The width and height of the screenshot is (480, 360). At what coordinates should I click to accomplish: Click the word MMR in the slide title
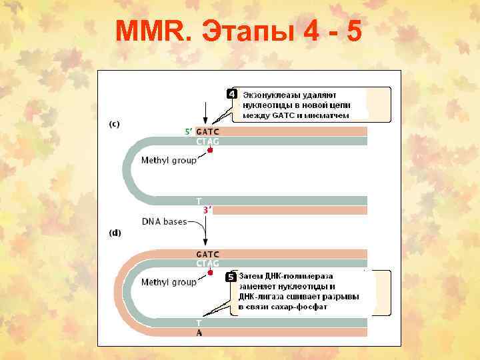click(151, 31)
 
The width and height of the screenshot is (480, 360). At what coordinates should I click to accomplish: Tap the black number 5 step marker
click(230, 276)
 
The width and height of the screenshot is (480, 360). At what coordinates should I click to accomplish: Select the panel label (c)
click(115, 125)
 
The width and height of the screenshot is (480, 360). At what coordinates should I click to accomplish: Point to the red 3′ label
click(207, 209)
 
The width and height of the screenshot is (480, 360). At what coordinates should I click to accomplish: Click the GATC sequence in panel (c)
click(207, 131)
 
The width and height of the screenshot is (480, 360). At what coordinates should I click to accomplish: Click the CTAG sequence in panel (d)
click(207, 263)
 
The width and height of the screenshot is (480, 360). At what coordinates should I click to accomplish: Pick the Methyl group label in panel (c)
click(168, 160)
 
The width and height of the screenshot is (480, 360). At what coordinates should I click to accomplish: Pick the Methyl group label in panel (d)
click(168, 282)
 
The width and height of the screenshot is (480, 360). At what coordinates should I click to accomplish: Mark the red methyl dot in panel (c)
click(211, 151)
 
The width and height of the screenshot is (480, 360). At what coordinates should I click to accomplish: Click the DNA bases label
click(163, 221)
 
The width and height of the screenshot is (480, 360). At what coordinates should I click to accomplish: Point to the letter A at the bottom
click(199, 333)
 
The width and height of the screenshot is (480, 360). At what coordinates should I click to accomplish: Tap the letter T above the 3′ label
click(198, 200)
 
